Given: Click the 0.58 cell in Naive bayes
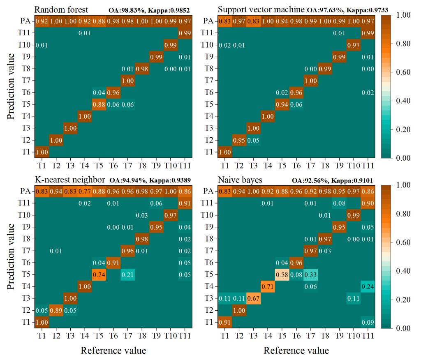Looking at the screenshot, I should point(282,274).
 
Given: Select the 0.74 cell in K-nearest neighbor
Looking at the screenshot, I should point(99,274).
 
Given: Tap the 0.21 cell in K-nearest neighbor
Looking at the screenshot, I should point(128,274).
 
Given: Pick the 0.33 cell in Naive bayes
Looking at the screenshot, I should point(311,274).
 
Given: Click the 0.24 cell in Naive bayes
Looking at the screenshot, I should point(369,286).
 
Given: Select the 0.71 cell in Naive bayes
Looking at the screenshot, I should point(267,286).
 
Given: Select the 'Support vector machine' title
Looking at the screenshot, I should point(261,9).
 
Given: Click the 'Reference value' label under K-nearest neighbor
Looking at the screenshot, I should point(113,351).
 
